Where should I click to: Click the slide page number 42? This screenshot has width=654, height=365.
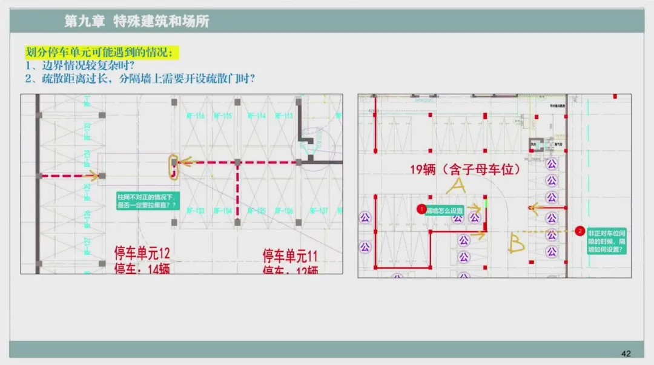[x=626, y=353]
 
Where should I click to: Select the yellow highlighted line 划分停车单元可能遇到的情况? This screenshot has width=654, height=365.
[x=102, y=52]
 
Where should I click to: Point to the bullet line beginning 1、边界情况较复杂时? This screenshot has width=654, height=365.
[x=79, y=65]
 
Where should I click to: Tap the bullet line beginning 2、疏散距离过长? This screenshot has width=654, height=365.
[x=139, y=79]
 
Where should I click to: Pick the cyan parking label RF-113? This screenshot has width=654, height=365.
[x=284, y=116]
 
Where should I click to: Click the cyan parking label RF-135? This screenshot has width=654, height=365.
[x=257, y=211]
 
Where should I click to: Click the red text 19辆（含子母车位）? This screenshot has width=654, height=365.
[x=465, y=169]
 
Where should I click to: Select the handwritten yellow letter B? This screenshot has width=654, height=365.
[x=517, y=243]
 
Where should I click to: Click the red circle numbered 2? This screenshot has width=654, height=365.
[x=580, y=231]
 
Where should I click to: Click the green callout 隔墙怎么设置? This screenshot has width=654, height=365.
[x=444, y=211]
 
